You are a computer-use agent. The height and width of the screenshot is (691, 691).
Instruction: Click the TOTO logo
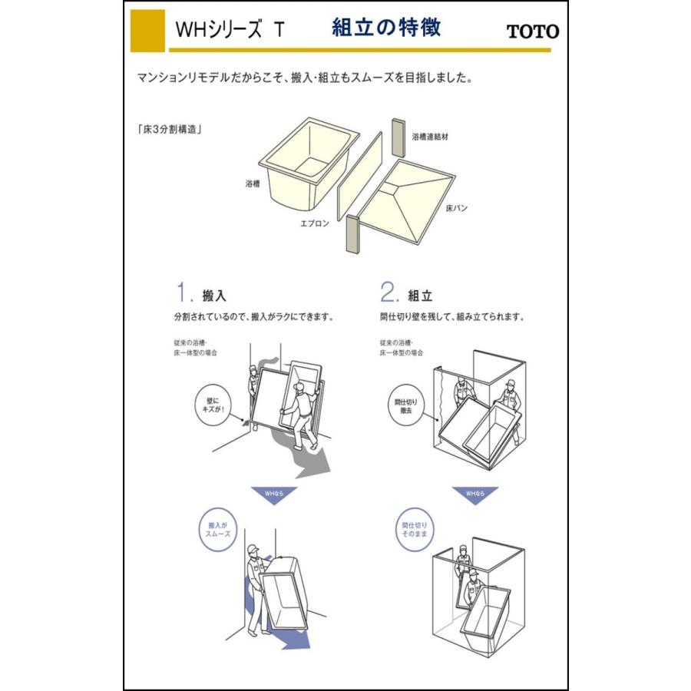click(532, 31)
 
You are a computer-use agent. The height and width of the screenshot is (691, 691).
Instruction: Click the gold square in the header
click(147, 31)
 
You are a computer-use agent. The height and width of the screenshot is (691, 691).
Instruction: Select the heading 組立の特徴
click(386, 28)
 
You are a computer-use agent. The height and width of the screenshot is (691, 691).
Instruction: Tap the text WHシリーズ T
click(230, 31)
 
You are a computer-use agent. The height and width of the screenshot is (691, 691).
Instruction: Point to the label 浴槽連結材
click(431, 136)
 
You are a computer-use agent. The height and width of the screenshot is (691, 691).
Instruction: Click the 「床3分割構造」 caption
click(169, 130)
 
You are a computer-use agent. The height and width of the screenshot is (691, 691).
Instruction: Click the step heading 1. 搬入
click(201, 294)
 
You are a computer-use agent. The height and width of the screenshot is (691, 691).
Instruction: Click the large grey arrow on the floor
click(310, 461)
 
